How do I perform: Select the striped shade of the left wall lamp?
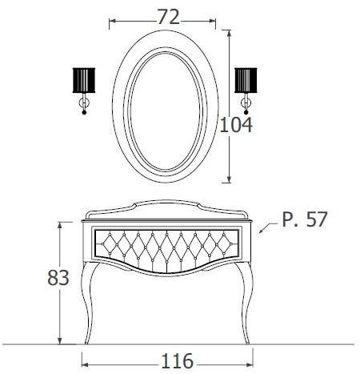(x=84, y=82)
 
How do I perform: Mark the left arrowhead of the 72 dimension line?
(x=111, y=18)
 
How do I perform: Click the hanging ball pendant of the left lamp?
(x=84, y=113)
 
